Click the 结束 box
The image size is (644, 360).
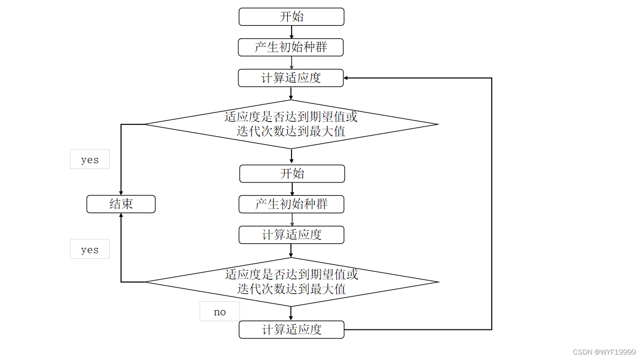coord(121,204)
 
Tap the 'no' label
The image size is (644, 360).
coord(220,312)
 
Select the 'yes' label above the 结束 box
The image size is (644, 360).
coord(90,159)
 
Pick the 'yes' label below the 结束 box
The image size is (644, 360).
coord(90,249)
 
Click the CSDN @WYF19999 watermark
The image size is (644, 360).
coord(604,352)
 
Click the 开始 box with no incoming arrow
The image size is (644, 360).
coord(291,17)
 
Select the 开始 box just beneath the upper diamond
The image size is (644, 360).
coord(292,173)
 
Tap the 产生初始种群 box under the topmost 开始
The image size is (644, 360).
coord(291,47)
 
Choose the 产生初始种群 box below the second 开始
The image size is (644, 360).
coord(292,204)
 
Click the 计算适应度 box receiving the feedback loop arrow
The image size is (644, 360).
coord(291,78)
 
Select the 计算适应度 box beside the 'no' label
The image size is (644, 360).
coord(292,329)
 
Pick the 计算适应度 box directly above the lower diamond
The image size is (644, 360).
coord(292,235)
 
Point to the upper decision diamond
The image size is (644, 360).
coord(291,124)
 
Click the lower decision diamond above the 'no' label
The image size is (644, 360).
coord(292,282)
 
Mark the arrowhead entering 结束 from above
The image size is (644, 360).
coord(121,193)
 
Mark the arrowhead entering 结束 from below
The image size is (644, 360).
coord(121,216)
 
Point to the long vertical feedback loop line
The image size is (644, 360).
coord(492,204)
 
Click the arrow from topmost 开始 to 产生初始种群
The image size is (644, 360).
coord(291,32)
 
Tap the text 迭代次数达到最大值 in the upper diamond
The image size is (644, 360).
coord(291,131)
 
